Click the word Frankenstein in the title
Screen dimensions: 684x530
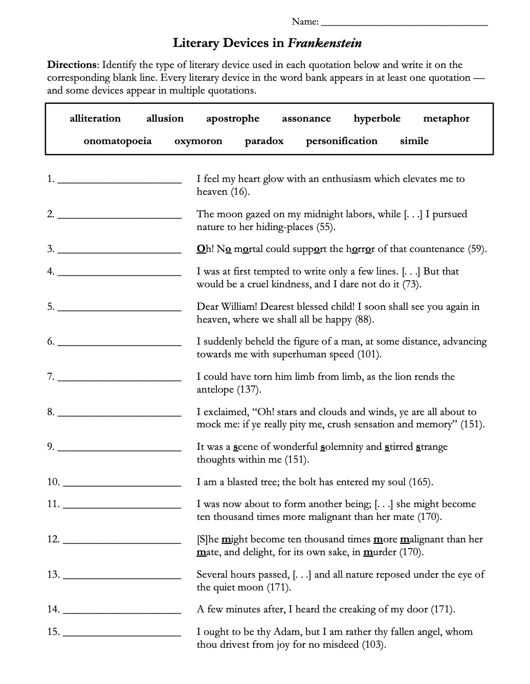point(325,43)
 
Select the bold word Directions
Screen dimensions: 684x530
point(72,65)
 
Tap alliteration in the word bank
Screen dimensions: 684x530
point(95,119)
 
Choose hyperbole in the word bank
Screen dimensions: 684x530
point(377,119)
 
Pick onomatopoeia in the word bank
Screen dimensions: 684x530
point(118,141)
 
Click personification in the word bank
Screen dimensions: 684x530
point(342,141)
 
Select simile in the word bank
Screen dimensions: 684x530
point(414,141)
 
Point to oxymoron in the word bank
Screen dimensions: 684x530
point(198,141)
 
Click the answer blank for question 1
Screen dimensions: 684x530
point(120,181)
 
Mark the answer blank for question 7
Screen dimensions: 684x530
point(120,379)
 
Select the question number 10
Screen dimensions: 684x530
point(53,482)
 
